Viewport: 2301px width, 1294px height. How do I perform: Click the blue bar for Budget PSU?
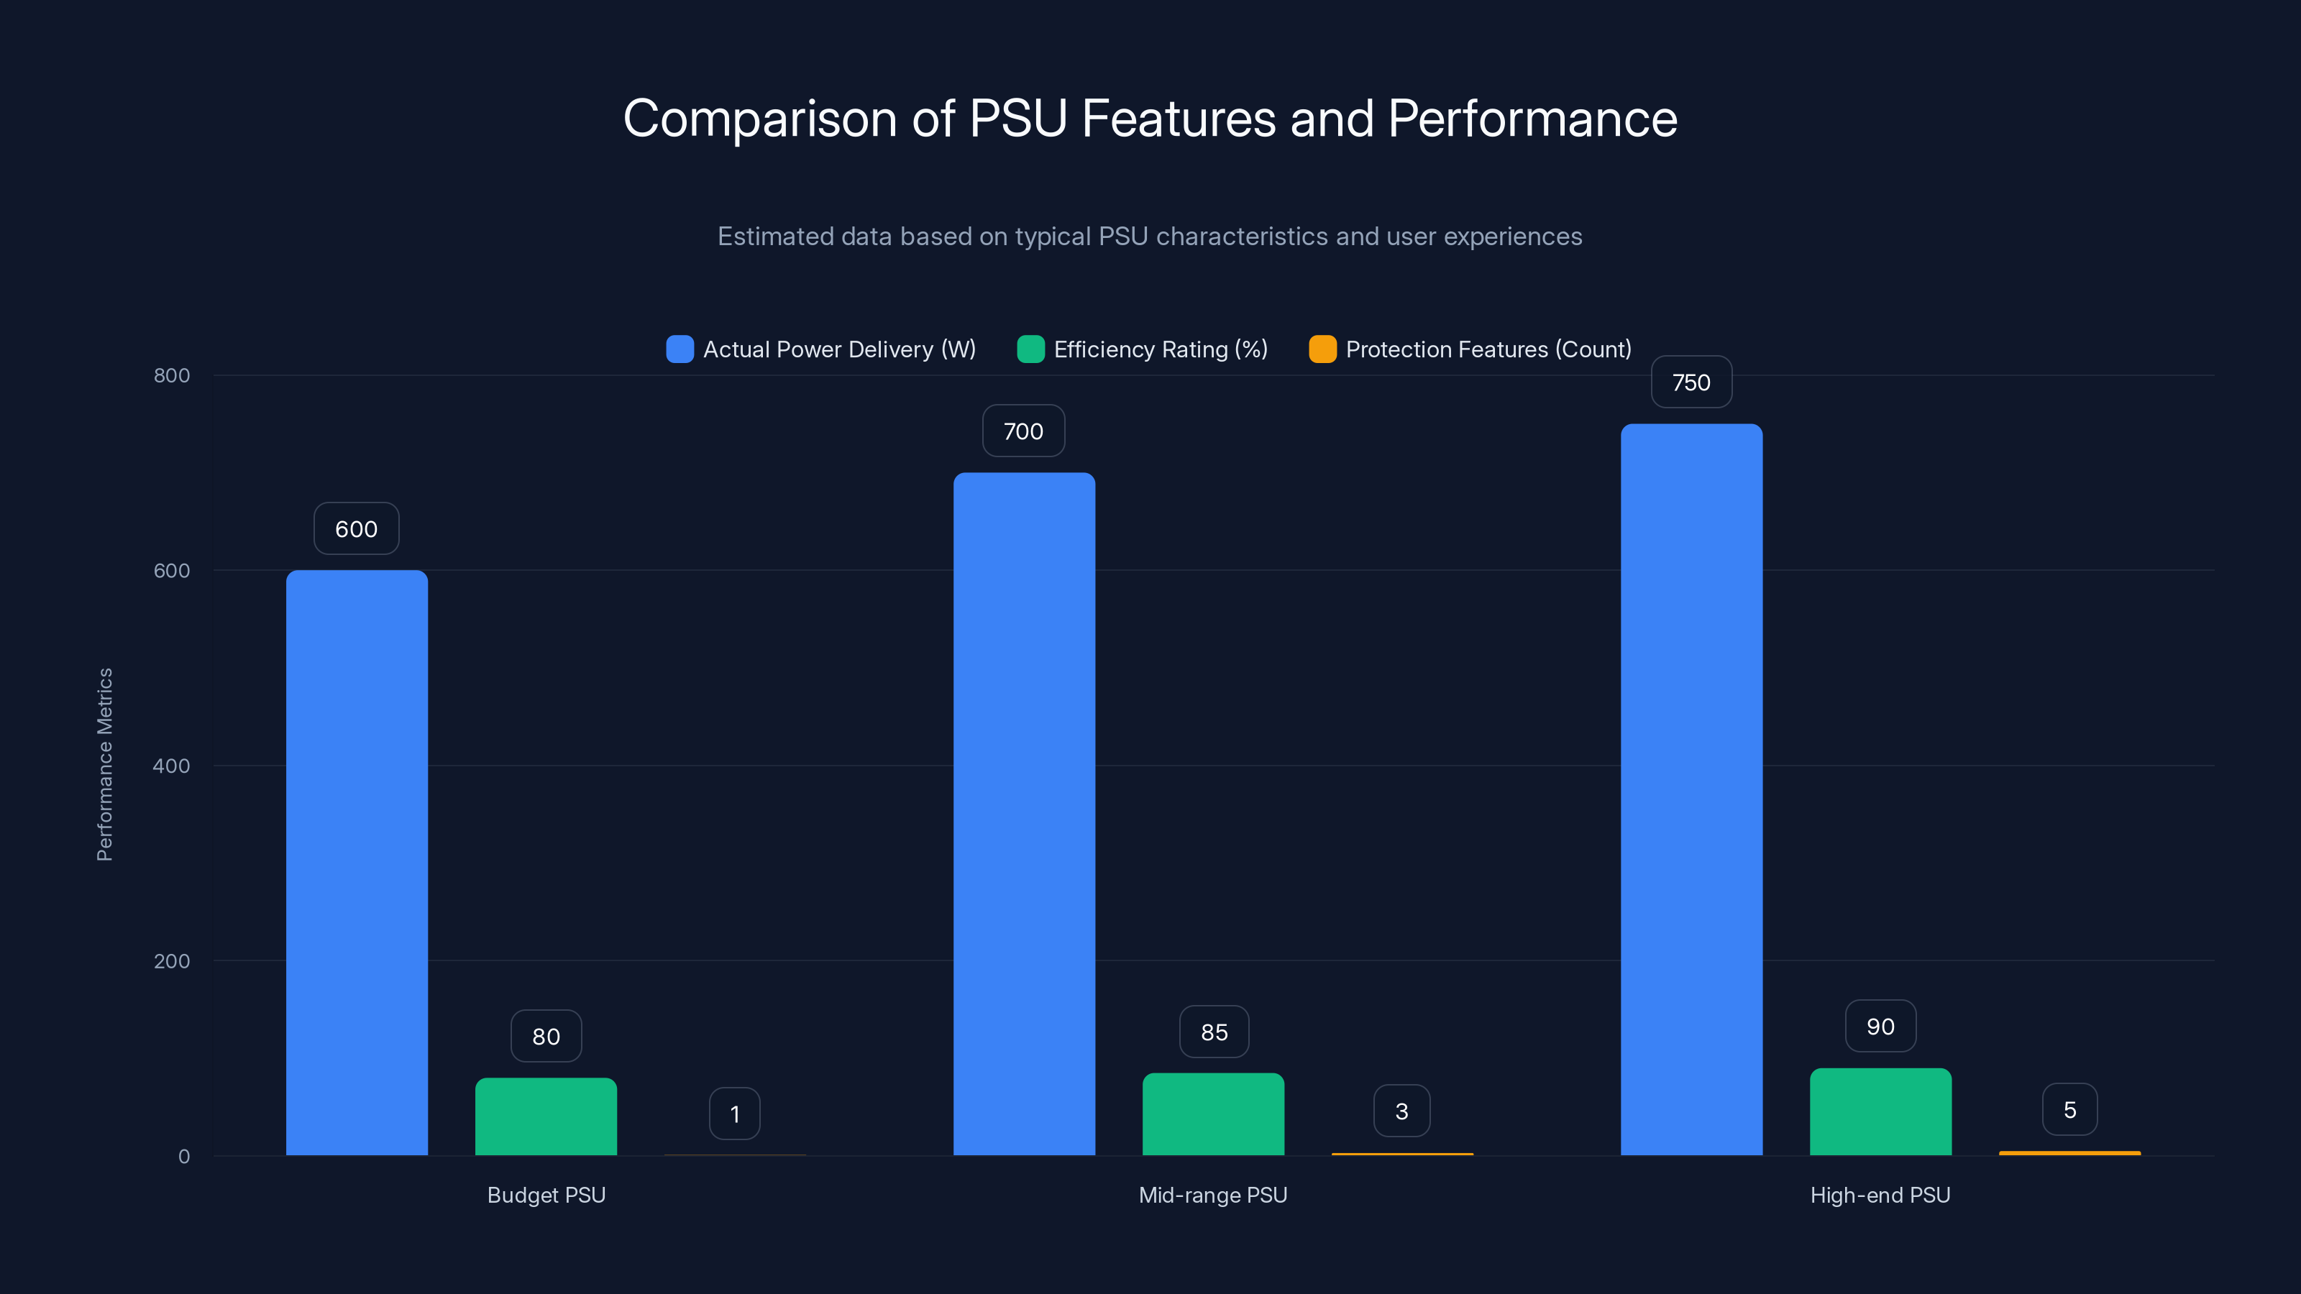click(357, 862)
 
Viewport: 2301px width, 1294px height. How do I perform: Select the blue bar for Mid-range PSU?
click(1024, 812)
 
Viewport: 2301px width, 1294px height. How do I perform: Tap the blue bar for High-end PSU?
click(1691, 789)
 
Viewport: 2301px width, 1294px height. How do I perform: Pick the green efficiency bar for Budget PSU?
click(546, 1116)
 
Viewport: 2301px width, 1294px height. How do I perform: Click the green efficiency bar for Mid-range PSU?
click(1213, 1114)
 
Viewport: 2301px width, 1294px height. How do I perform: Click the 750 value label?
click(1691, 382)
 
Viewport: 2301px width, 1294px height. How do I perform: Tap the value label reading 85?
click(1214, 1032)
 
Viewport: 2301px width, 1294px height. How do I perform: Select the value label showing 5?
click(2069, 1110)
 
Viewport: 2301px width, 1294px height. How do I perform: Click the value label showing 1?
click(734, 1114)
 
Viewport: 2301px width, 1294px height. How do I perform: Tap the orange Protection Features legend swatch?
click(1322, 349)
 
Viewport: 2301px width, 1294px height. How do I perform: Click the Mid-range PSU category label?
click(1212, 1195)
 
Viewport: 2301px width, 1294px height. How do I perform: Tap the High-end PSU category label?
click(1880, 1195)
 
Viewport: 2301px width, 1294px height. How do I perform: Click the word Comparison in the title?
click(759, 119)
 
